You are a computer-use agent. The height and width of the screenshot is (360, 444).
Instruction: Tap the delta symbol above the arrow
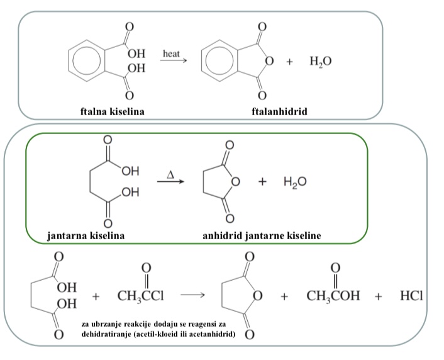170,172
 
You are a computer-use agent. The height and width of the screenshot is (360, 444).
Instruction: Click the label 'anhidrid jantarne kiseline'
262,236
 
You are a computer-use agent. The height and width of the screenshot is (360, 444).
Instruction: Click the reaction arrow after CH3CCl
192,295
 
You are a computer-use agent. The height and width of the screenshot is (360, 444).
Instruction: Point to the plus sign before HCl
379,296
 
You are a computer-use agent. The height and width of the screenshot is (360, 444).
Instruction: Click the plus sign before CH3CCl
96,296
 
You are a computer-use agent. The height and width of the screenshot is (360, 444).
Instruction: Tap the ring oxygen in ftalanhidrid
269,62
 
